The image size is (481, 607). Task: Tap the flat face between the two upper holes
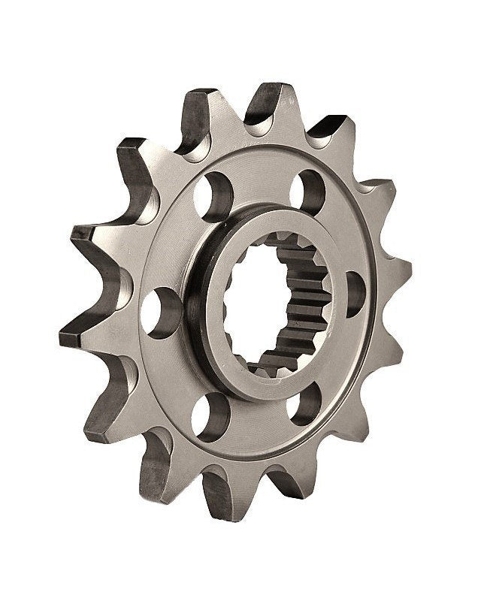(259, 177)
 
